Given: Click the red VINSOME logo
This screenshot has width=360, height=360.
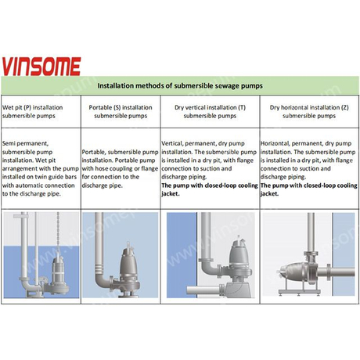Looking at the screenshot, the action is (41, 67).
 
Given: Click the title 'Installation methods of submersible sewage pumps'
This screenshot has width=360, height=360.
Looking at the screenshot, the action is (180, 86).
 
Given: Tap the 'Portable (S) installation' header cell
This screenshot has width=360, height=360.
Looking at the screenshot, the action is (121, 111).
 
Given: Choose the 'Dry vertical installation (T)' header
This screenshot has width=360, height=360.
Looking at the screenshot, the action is (210, 111).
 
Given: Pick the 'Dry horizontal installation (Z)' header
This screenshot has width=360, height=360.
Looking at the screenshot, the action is (309, 111).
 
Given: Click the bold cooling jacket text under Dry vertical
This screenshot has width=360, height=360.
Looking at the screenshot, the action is (210, 189).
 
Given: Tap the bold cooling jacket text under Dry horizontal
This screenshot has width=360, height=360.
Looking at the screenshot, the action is (309, 189).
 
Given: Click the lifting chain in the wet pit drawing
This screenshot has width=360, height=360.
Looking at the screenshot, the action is (58, 233).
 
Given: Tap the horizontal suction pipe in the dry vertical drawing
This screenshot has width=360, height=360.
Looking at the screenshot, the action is (205, 290).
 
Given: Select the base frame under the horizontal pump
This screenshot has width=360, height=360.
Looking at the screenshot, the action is (300, 292).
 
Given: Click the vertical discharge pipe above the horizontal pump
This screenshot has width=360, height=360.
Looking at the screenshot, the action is (311, 232).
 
